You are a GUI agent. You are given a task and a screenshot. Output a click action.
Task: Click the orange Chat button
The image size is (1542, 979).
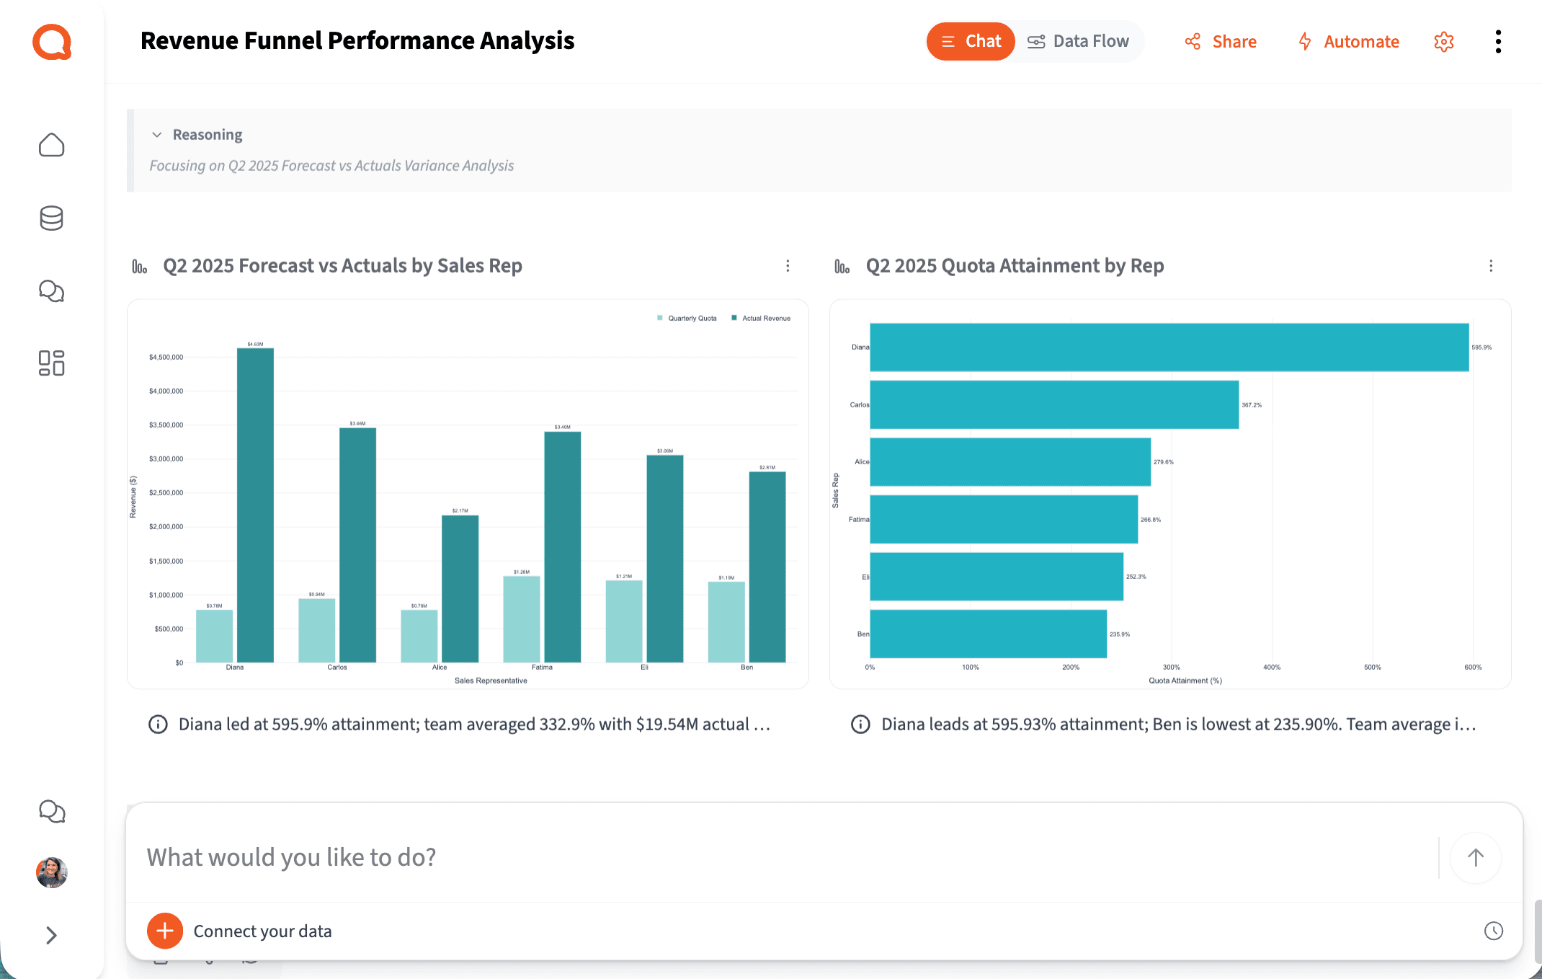970,42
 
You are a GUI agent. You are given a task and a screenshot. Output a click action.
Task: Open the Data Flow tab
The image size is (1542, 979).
1079,42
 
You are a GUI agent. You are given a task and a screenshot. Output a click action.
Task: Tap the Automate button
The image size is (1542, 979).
1348,42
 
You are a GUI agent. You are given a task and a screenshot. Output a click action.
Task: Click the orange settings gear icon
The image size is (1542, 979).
1444,42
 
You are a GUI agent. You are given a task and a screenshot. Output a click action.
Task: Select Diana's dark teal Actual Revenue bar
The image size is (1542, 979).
255,505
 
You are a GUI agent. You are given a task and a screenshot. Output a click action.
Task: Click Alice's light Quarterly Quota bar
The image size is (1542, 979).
419,636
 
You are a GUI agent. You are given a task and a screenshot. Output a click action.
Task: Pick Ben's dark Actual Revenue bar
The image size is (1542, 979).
767,567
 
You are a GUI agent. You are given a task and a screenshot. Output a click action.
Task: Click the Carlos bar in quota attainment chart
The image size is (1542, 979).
1053,404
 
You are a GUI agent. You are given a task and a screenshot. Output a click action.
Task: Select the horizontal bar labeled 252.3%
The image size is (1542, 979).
996,577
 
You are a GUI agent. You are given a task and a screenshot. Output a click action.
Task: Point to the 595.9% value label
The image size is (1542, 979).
1481,347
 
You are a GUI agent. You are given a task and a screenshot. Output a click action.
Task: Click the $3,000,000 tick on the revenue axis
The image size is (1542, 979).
166,459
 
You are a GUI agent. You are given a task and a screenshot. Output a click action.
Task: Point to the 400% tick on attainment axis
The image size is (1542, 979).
1272,668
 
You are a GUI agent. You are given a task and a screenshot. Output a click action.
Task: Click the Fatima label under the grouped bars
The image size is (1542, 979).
542,668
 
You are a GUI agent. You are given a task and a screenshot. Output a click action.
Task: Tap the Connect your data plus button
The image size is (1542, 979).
165,931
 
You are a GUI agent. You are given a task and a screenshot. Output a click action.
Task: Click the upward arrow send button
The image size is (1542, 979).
1475,857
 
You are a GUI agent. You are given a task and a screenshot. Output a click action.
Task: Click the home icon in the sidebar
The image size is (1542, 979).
51,145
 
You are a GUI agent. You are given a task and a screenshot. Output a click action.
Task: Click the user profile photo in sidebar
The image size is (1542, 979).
51,872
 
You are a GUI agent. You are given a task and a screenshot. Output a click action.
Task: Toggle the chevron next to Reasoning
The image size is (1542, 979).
157,135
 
